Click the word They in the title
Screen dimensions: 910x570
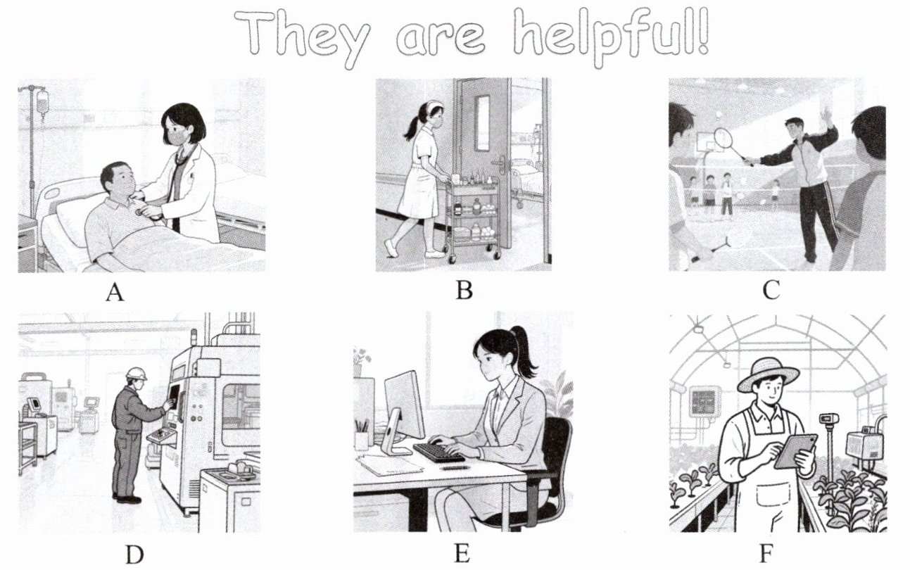[x=302, y=39]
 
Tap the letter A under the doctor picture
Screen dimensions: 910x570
[x=115, y=292]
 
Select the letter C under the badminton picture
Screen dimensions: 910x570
[x=771, y=290]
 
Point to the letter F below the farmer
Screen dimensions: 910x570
[x=766, y=553]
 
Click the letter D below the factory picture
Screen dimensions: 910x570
[x=134, y=554]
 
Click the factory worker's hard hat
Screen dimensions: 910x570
[x=136, y=374]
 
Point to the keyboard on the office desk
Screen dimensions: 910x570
[x=438, y=452]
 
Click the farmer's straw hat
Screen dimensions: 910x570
[x=769, y=374]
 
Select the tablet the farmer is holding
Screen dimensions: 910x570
[x=795, y=451]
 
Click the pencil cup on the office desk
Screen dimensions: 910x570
[x=361, y=440]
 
